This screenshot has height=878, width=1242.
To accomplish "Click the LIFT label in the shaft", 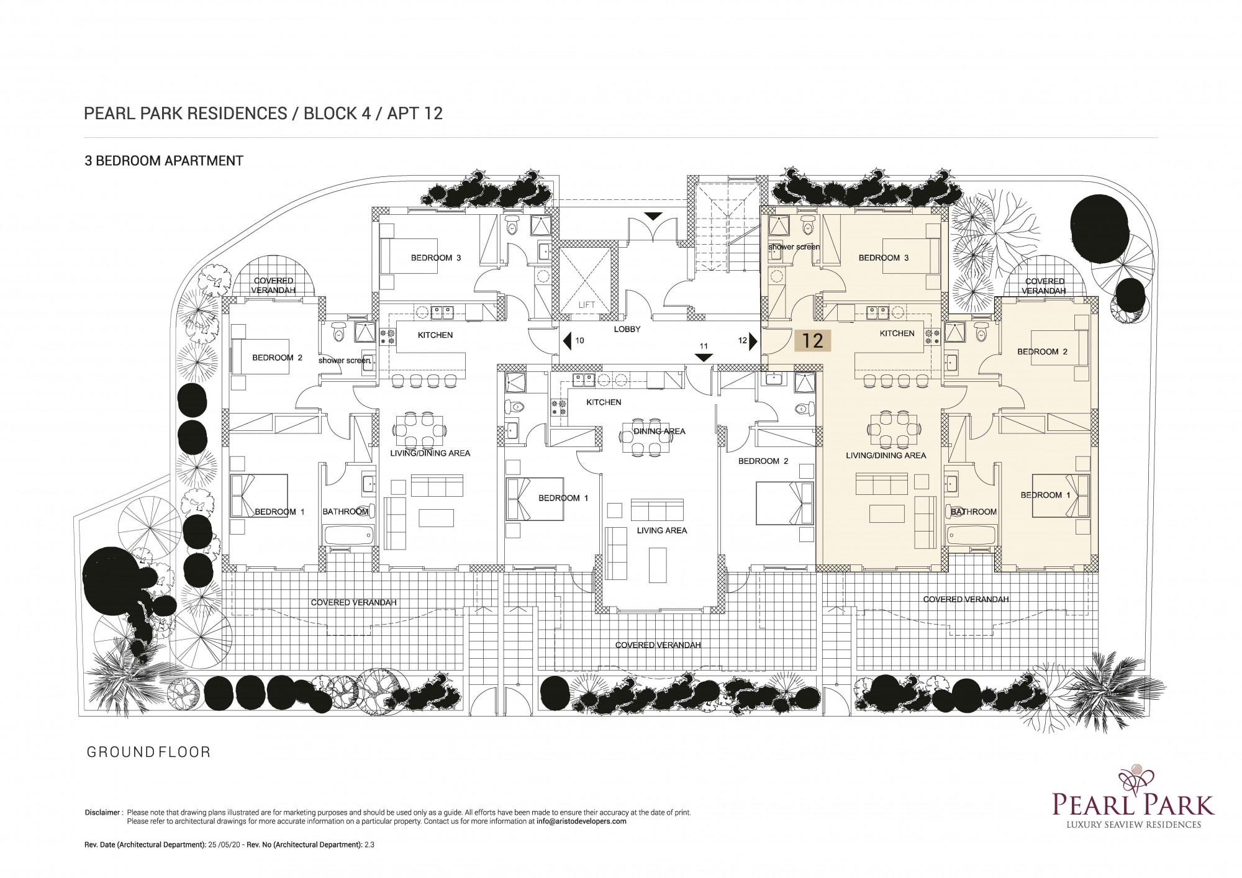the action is (x=586, y=305).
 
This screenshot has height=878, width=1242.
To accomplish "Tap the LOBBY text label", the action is (x=627, y=329).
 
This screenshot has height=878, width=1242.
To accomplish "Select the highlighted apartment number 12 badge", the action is (x=813, y=340).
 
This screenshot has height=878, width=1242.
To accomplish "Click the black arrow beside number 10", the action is (x=567, y=340).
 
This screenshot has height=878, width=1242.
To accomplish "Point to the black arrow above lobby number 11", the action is (x=703, y=358).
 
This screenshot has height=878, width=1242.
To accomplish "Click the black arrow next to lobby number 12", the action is (x=753, y=341).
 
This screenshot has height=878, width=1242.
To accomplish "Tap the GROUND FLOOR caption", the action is (x=148, y=752).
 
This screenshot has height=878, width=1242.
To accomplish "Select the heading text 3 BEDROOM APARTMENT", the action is (x=164, y=161).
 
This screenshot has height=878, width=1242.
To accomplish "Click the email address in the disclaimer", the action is (x=581, y=821).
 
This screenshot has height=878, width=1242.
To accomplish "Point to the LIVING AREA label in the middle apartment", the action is (x=662, y=530).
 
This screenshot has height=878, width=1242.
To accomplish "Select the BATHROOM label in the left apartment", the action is (x=345, y=512).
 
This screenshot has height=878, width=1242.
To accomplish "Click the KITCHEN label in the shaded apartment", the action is (x=897, y=333).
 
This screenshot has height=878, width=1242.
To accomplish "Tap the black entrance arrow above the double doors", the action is (x=653, y=216).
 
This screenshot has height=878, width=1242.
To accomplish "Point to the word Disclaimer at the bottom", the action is (x=102, y=812).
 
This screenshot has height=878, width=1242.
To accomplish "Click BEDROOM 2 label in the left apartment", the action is (x=277, y=358).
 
